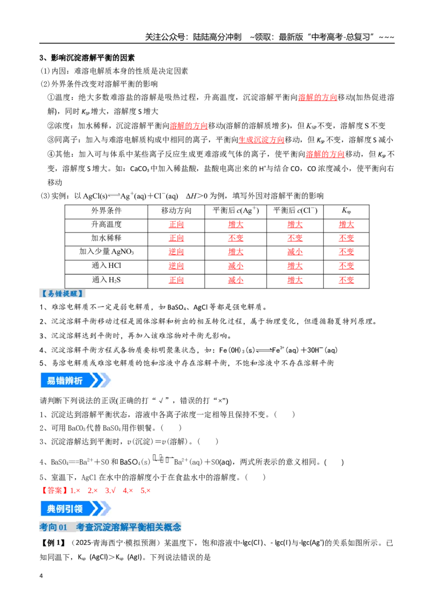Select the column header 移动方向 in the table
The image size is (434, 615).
(x=176, y=211)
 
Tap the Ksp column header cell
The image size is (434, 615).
(x=346, y=211)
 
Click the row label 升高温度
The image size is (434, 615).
(x=106, y=224)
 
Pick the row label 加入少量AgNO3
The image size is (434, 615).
(x=106, y=252)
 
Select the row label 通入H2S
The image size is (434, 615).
(x=106, y=280)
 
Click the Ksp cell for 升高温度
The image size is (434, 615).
(x=346, y=224)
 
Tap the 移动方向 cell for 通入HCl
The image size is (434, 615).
(x=176, y=266)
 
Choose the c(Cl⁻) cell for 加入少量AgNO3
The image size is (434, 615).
(x=295, y=252)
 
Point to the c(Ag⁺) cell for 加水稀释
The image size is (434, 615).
(x=236, y=238)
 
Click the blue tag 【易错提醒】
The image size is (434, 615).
(x=62, y=293)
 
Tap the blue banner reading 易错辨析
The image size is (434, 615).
(x=75, y=380)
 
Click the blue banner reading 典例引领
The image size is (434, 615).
(x=75, y=509)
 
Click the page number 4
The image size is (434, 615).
(x=41, y=576)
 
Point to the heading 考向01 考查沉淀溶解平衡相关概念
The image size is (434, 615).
(x=111, y=527)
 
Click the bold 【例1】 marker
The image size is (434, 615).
(x=53, y=543)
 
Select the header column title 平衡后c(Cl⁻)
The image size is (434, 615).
(x=295, y=211)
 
